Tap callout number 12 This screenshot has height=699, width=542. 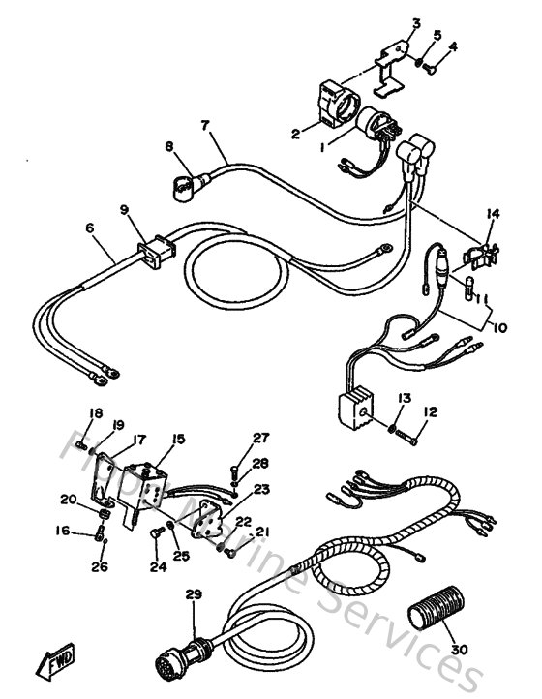coord(431,411)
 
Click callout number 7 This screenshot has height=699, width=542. coord(205,125)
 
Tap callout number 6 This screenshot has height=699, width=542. coord(90,228)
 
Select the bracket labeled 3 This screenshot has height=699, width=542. coord(391,70)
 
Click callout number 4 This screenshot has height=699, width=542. coord(453,46)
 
